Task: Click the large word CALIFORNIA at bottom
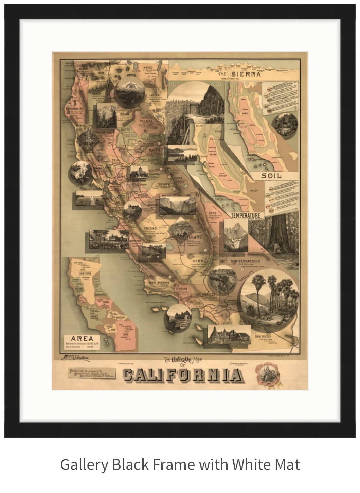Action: coord(183,375)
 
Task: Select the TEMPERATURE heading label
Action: coord(246,215)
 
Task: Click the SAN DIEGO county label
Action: coord(262,336)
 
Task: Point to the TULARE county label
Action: coord(193,237)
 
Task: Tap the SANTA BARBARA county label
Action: coord(157,282)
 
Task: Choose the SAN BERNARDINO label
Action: coord(246,261)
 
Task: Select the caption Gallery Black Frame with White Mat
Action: coord(180,464)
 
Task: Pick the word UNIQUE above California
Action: coord(182,359)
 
